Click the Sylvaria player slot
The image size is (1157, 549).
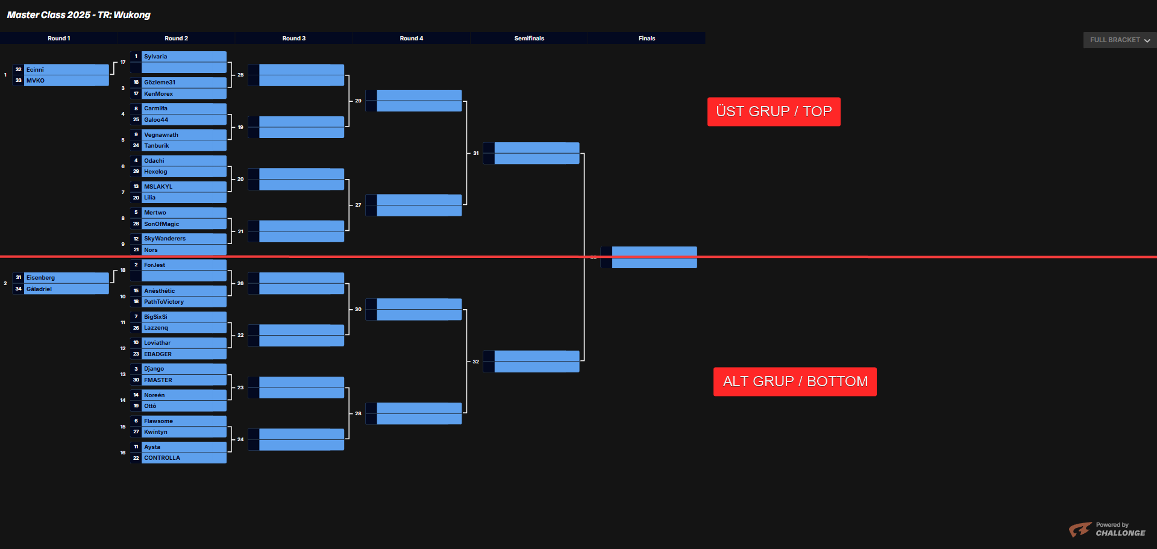(x=184, y=57)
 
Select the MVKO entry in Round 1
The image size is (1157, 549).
(x=66, y=81)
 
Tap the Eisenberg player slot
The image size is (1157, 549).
(x=66, y=278)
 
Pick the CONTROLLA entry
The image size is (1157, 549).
(x=184, y=458)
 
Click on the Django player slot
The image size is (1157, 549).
(x=184, y=369)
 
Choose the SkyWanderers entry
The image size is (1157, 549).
(x=184, y=239)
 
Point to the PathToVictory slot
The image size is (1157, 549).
(x=184, y=302)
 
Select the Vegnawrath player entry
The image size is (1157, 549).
(x=184, y=135)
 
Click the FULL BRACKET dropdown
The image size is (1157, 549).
(x=1120, y=40)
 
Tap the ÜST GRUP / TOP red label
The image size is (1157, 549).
(x=774, y=111)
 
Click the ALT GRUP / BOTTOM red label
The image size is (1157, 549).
(x=795, y=381)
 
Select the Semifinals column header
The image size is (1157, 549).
(x=529, y=39)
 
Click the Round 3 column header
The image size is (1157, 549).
(x=294, y=39)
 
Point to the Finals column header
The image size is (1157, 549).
(x=647, y=39)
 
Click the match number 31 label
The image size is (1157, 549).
(x=476, y=153)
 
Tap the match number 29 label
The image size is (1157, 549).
(x=358, y=101)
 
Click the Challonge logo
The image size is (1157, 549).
(x=1107, y=530)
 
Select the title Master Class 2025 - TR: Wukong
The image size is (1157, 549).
(x=79, y=15)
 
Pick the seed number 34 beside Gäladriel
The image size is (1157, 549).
(x=19, y=289)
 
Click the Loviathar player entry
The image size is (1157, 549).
(x=184, y=343)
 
